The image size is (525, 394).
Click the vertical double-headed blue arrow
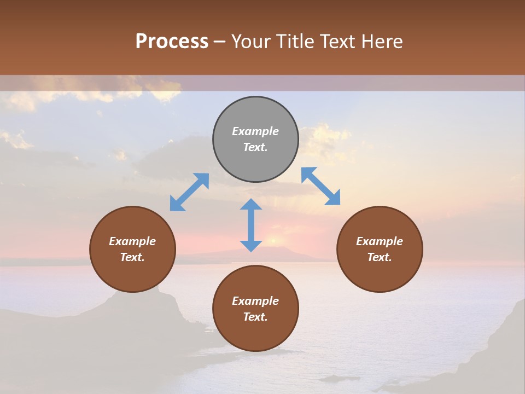(x=251, y=225)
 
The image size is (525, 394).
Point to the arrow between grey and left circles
(x=189, y=192)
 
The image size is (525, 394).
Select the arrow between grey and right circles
(x=320, y=186)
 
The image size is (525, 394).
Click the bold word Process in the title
(x=172, y=41)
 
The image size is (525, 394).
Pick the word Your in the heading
(x=252, y=42)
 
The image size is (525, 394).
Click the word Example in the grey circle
(x=255, y=131)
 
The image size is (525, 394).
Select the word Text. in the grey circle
(x=255, y=147)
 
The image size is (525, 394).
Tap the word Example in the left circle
(x=132, y=241)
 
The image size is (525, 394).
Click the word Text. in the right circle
(x=380, y=257)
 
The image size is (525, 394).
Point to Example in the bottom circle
(x=255, y=301)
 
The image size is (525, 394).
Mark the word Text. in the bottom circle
(x=255, y=317)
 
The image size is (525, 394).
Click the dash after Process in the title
(x=220, y=42)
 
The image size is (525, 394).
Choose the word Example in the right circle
(x=380, y=241)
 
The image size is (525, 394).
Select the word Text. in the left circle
(x=132, y=257)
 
